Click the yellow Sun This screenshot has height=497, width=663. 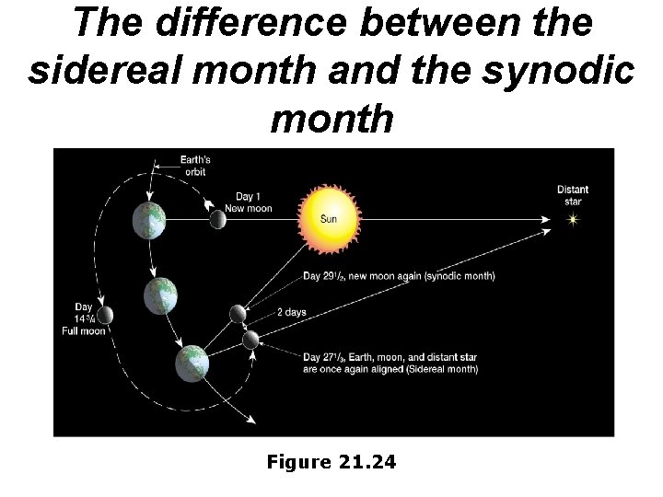[329, 218]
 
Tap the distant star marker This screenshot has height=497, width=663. [573, 220]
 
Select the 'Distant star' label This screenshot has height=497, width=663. [573, 195]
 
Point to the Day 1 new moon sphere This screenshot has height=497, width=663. [218, 219]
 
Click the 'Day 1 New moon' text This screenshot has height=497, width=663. [253, 202]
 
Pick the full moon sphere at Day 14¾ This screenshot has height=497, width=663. [105, 316]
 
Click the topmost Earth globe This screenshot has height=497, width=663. [148, 219]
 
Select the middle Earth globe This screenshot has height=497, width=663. [160, 296]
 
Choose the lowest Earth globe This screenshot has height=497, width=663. [192, 363]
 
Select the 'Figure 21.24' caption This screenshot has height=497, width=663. [331, 462]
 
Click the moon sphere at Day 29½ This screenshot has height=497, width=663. [238, 314]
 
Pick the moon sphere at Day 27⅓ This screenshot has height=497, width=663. [250, 340]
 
